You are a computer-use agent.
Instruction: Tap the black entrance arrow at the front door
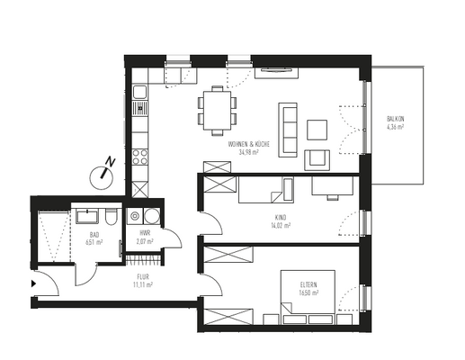pyautogui.click(x=33, y=283)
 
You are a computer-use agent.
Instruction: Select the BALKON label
pyautogui.click(x=395, y=119)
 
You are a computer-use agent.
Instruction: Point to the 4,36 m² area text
pyautogui.click(x=395, y=127)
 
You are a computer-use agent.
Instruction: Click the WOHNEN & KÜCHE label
pyautogui.click(x=248, y=145)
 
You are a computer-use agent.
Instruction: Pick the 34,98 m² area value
pyautogui.click(x=248, y=153)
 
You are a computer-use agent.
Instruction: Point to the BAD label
pyautogui.click(x=90, y=234)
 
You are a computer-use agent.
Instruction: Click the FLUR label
pyautogui.click(x=142, y=276)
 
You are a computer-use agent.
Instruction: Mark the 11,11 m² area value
pyautogui.click(x=142, y=284)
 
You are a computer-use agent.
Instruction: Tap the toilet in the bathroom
pyautogui.click(x=108, y=217)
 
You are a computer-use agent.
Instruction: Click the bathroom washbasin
pyautogui.click(x=86, y=216)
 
